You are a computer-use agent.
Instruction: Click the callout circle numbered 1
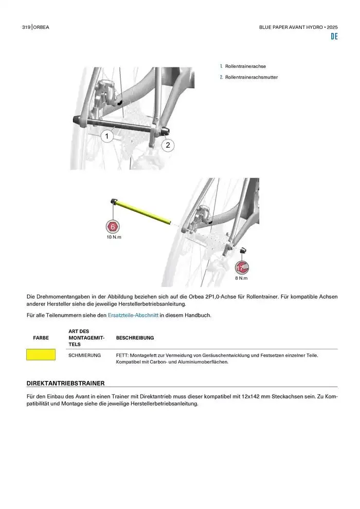pyautogui.click(x=107, y=136)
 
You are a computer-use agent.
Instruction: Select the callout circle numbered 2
pyautogui.click(x=168, y=146)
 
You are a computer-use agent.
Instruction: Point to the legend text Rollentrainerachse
pyautogui.click(x=245, y=66)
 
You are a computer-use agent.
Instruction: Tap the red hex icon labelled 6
pyautogui.click(x=113, y=227)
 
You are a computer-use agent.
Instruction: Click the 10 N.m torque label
pyautogui.click(x=114, y=238)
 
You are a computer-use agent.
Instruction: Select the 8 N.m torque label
pyautogui.click(x=241, y=278)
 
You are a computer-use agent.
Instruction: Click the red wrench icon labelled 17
pyautogui.click(x=241, y=268)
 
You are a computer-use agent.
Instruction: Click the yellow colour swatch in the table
pyautogui.click(x=41, y=355)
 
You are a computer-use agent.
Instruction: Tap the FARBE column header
pyautogui.click(x=41, y=338)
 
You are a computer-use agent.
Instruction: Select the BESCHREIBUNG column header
pyautogui.click(x=135, y=338)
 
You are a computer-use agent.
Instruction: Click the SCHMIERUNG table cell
pyautogui.click(x=84, y=355)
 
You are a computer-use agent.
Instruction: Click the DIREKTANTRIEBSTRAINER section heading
pyautogui.click(x=65, y=383)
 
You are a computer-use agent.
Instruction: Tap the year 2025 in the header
pyautogui.click(x=332, y=26)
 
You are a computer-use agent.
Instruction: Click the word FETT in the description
pyautogui.click(x=122, y=355)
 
